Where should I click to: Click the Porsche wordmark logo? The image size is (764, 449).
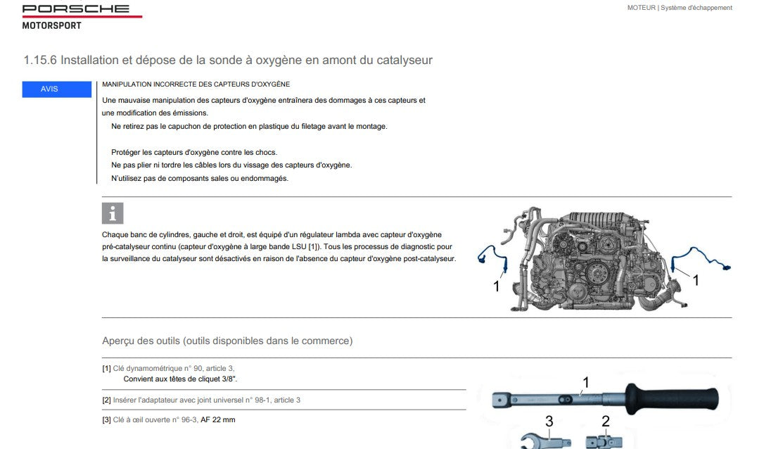pos(76,8)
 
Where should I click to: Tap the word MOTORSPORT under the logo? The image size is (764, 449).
pos(51,25)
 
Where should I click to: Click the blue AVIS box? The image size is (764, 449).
pos(56,89)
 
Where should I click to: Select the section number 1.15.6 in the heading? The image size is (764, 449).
pos(40,60)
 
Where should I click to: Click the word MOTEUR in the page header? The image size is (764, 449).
pos(641,8)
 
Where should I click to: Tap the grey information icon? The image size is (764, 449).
pos(113,213)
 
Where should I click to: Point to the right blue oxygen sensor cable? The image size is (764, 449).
pos(702,257)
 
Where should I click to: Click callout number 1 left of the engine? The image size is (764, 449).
pos(497,286)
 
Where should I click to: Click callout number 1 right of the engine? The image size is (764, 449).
pos(696,280)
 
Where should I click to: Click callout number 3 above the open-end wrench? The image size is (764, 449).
pos(549,422)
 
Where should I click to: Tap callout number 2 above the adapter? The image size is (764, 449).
pos(606,422)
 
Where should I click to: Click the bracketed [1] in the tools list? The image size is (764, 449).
pos(106,369)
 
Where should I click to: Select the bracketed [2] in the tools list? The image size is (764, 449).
pos(106,400)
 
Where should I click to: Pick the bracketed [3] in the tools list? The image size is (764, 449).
pos(106,419)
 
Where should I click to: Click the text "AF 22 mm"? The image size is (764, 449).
pos(218,419)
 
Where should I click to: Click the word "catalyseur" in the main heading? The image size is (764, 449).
pos(405,60)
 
